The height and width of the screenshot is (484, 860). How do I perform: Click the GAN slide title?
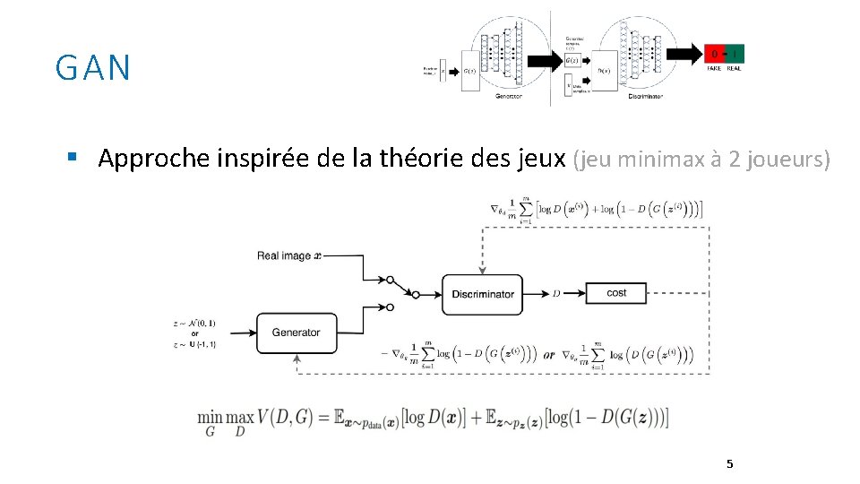[92, 68]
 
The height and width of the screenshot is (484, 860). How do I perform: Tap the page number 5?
[729, 463]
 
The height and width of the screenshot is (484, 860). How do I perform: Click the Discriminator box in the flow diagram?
[483, 294]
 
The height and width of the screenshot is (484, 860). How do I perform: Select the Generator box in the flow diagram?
[297, 333]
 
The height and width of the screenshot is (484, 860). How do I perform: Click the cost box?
[616, 293]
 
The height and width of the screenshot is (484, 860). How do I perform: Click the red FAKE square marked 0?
[714, 53]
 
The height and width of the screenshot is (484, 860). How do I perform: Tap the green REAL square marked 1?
[734, 53]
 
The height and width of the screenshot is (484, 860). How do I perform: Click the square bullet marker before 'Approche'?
[71, 158]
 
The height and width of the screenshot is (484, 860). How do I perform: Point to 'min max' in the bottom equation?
[225, 419]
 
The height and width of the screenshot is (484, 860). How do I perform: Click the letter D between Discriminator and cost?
[556, 293]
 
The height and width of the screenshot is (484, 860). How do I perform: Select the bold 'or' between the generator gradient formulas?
[548, 355]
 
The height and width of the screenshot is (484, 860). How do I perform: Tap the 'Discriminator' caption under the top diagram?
[645, 96]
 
